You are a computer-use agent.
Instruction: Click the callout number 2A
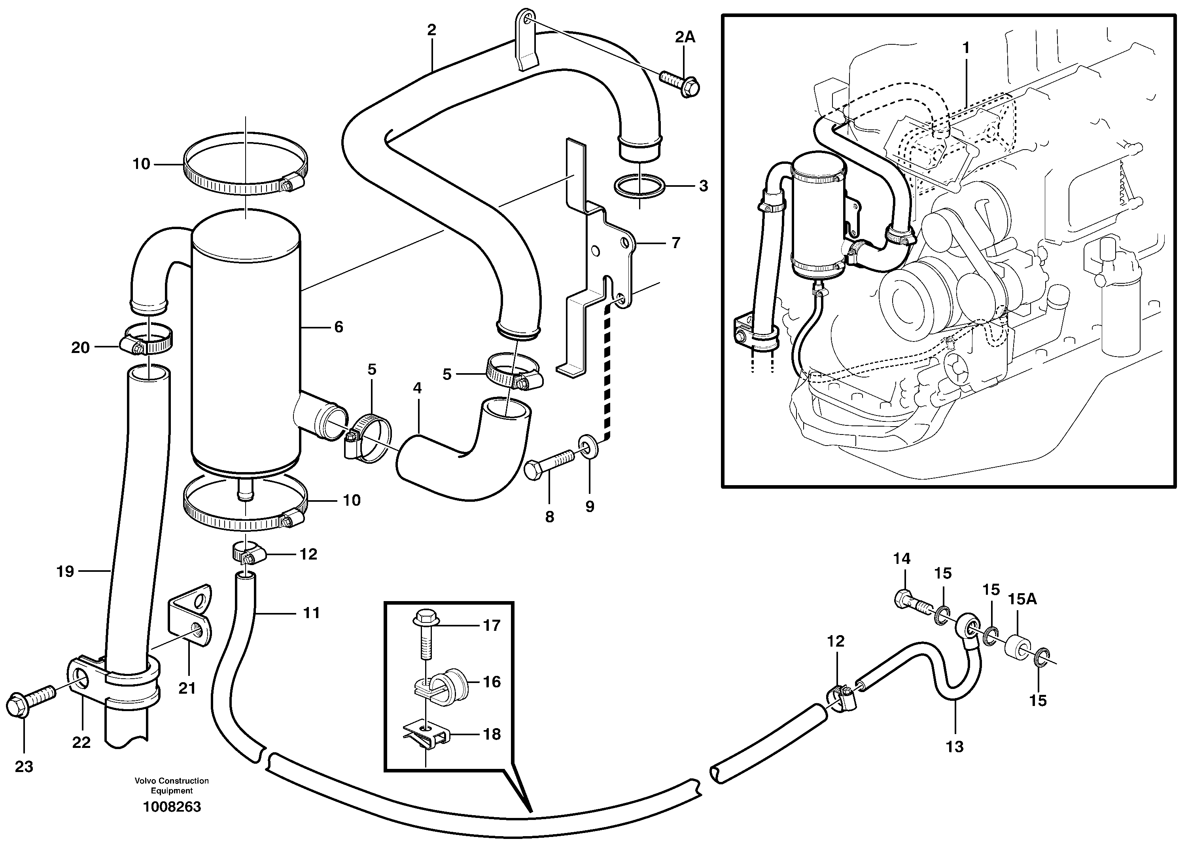685,37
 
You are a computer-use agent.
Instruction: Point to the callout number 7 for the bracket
675,243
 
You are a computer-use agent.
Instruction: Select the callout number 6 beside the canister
339,327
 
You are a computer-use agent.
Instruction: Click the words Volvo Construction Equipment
172,785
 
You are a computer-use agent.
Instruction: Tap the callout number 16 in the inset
492,681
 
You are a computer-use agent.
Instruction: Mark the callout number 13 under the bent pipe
955,746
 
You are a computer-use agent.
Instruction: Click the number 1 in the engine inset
966,47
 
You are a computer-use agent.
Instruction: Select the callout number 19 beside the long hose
65,571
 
